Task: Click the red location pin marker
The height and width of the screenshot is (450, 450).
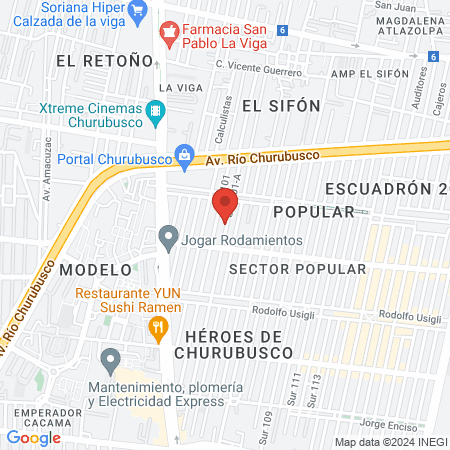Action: point(224,205)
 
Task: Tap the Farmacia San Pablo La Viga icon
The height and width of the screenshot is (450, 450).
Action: point(169,34)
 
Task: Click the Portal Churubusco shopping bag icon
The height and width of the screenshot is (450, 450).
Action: point(184,155)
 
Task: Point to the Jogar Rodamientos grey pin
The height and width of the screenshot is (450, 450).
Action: point(168,238)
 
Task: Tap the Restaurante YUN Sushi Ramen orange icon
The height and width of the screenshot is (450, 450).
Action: point(156,326)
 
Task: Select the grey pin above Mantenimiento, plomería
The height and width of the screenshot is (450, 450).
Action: point(111,358)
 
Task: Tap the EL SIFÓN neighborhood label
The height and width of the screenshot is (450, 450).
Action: point(281,105)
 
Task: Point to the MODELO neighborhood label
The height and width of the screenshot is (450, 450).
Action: point(95,270)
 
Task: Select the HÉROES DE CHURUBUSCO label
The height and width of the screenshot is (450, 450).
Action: point(233,344)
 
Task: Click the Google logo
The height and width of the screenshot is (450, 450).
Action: point(34,437)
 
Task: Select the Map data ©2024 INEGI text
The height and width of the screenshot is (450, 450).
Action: point(389,442)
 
